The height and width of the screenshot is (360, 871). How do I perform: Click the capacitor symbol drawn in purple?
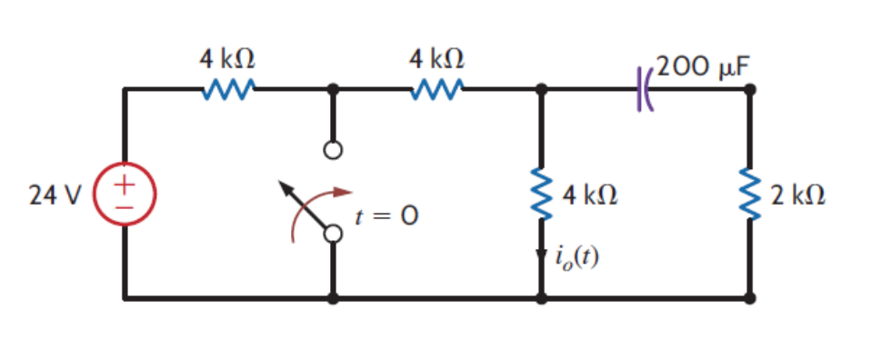click(x=645, y=90)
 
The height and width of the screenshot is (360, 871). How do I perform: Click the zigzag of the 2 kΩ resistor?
click(x=750, y=195)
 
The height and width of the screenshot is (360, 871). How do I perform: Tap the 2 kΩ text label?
click(x=797, y=195)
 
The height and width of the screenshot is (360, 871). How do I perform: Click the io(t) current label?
click(x=577, y=260)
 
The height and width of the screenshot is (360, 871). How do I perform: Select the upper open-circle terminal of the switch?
click(x=334, y=151)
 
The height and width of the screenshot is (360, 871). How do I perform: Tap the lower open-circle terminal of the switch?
click(x=334, y=235)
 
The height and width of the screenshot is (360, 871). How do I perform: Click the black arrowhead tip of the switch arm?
click(x=283, y=185)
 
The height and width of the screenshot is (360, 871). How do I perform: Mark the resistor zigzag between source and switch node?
click(x=228, y=90)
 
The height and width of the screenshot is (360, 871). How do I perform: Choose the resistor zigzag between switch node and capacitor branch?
click(x=437, y=90)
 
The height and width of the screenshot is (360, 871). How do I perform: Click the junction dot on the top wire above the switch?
click(x=334, y=90)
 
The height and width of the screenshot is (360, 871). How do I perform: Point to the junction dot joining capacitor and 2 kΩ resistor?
click(x=750, y=90)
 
